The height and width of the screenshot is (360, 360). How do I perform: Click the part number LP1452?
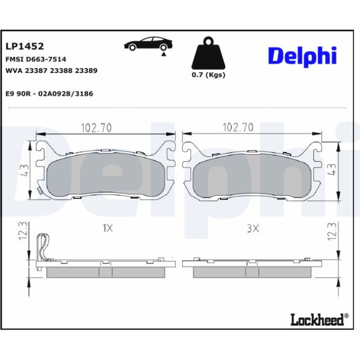[25, 46]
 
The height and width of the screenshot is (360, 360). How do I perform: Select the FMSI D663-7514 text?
[36, 59]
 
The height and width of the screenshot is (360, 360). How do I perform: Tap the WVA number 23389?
[86, 71]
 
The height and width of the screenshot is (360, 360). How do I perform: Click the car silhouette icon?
[148, 43]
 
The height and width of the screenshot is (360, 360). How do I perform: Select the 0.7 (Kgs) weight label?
[209, 75]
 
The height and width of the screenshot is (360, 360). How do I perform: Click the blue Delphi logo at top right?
[302, 56]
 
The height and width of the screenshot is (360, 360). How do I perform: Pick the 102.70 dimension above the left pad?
[96, 128]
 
